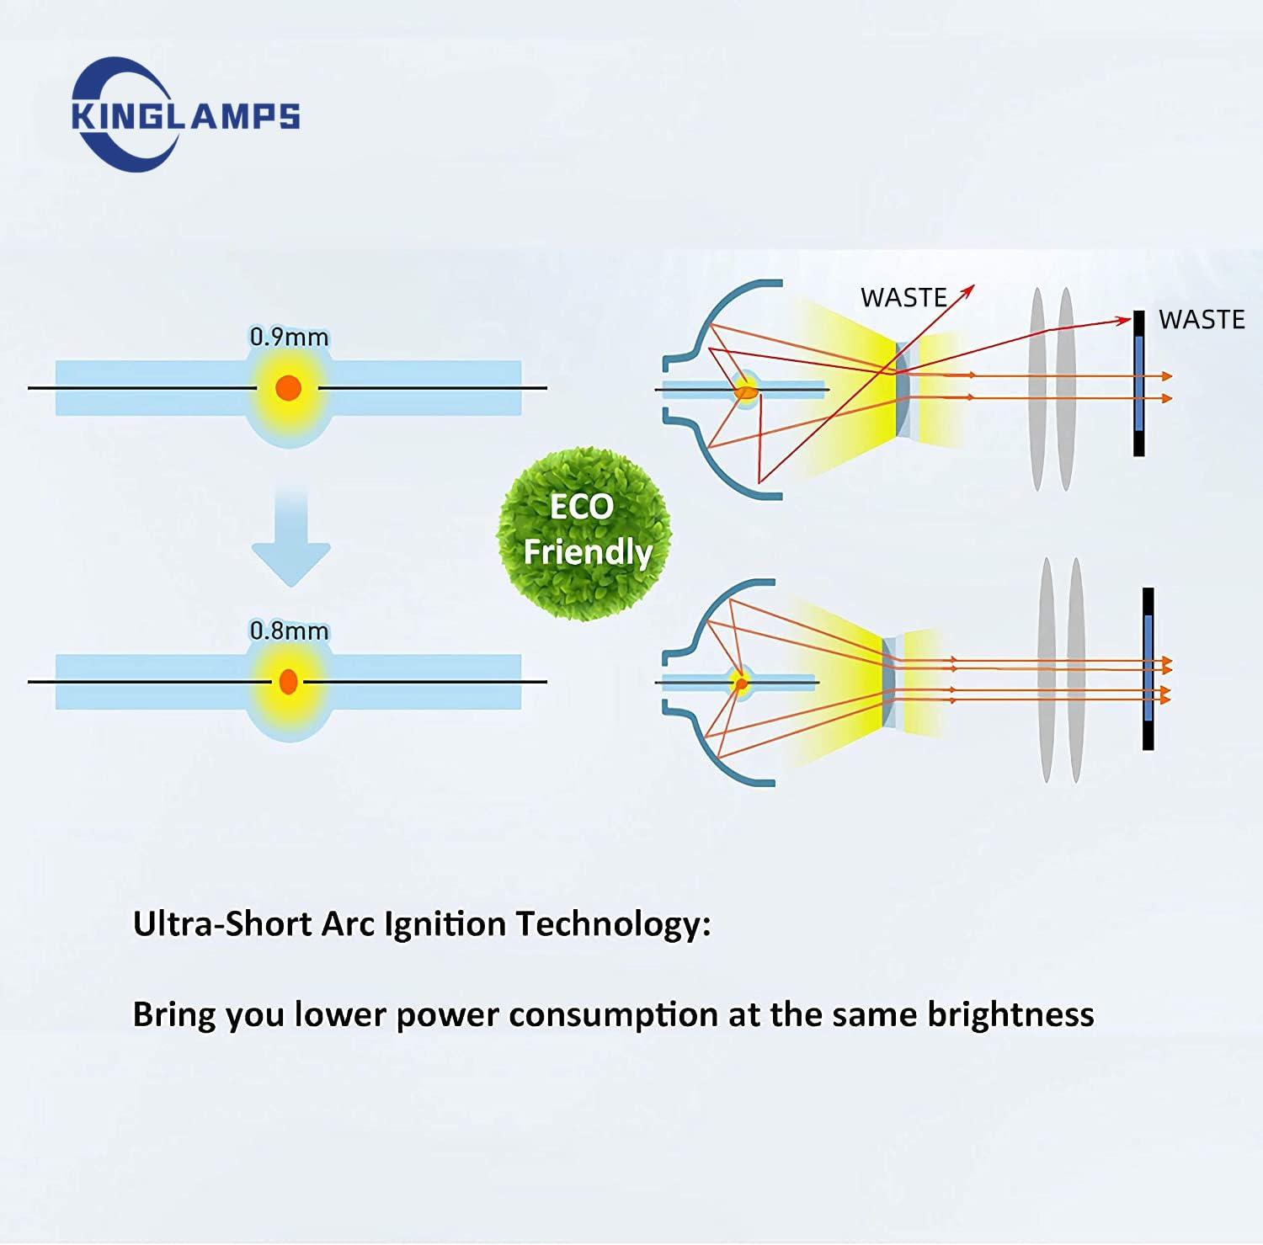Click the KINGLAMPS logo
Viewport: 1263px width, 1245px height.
point(185,114)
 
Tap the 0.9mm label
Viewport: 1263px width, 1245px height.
point(289,337)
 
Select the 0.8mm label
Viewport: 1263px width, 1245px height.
point(289,630)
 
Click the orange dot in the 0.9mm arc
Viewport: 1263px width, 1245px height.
point(288,388)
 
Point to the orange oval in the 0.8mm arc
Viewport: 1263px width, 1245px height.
point(288,681)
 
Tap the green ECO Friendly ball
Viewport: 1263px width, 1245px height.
point(584,533)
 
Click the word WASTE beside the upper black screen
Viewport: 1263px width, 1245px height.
point(1202,320)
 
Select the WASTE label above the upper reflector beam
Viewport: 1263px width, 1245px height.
point(903,298)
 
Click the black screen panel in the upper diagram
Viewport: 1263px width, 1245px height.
point(1138,383)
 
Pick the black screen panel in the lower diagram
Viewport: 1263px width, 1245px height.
point(1148,669)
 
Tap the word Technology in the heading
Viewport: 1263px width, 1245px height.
point(613,924)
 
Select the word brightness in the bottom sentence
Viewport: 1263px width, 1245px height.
point(1010,1014)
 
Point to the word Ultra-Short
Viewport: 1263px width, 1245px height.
point(222,924)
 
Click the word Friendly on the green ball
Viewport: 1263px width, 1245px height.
point(588,552)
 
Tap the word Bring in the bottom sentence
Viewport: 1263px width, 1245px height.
point(174,1014)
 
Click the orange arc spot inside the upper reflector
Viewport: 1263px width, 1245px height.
point(745,391)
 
